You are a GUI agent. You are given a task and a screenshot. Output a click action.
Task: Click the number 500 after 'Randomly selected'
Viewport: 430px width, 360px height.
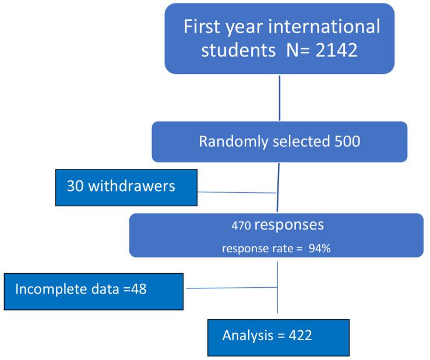coord(344,142)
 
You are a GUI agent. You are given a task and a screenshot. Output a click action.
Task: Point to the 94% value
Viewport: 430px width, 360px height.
coord(320,248)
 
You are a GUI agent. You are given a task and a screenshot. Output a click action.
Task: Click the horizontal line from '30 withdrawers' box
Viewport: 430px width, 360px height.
coord(237,192)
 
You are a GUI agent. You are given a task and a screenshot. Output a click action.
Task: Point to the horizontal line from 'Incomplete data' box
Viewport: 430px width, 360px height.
coord(231,287)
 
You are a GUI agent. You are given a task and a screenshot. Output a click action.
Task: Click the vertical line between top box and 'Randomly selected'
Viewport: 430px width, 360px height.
coord(280,97)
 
